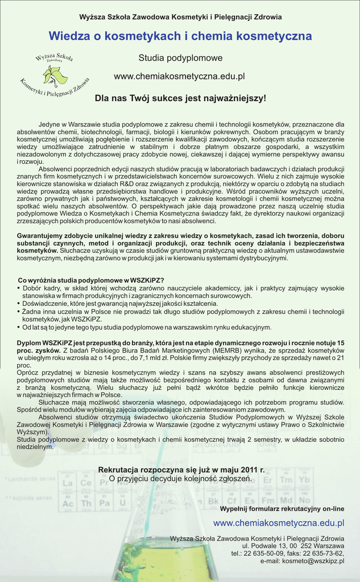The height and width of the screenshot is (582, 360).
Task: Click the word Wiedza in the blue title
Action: (69, 36)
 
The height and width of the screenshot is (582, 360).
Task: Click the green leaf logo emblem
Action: (55, 74)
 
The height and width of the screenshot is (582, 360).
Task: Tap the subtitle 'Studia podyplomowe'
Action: (180, 58)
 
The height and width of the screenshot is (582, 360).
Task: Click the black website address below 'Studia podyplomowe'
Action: (179, 76)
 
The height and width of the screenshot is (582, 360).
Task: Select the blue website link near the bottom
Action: (279, 523)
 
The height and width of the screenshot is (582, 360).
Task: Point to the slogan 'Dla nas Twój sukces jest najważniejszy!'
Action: (180, 98)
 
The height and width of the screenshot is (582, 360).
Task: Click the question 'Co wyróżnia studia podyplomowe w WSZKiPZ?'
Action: (91, 280)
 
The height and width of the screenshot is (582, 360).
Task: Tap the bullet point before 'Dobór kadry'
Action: (19, 288)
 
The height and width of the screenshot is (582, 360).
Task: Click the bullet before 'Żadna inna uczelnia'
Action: (19, 311)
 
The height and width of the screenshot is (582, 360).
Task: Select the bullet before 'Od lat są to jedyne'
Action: (19, 327)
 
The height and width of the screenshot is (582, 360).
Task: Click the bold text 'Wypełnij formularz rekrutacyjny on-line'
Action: (282, 508)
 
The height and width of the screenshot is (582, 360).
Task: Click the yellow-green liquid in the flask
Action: (165, 563)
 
